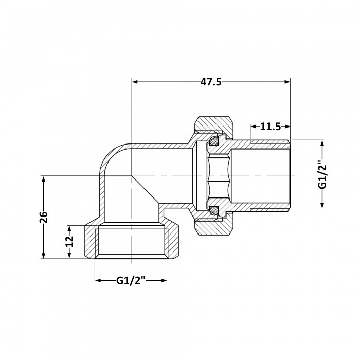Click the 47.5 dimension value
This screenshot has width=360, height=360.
pos(211,82)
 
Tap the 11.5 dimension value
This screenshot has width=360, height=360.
pos(270,127)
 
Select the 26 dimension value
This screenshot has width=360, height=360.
pos(43,217)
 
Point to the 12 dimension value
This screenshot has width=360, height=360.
pos(69,241)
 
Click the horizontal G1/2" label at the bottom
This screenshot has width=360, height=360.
pos(131,280)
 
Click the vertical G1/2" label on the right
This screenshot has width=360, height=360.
pos(322,174)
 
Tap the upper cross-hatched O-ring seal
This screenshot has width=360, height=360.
pos(214,141)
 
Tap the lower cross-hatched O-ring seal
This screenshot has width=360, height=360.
pos(214,210)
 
